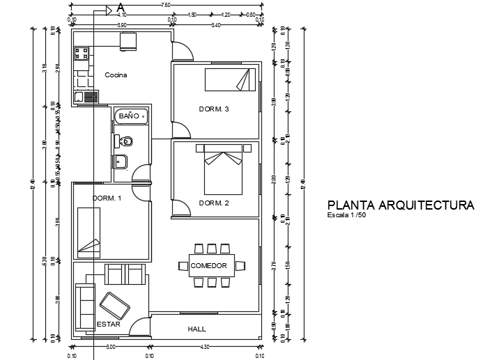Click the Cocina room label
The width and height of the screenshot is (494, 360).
click(116, 75)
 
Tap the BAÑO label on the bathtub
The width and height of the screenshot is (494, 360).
click(129, 116)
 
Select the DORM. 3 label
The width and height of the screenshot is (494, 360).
click(214, 109)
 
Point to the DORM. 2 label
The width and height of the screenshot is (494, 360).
click(214, 203)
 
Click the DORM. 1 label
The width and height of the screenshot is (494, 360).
click(107, 198)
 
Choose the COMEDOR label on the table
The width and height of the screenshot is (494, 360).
click(208, 266)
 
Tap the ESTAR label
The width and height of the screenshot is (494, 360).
click(108, 324)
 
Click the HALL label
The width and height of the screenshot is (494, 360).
click(197, 329)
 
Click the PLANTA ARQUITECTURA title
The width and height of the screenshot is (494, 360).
click(401, 205)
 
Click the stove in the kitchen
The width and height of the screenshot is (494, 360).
click(80, 52)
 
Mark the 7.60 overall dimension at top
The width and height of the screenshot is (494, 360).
click(165, 6)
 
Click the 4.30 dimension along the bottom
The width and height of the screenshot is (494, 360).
click(205, 346)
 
